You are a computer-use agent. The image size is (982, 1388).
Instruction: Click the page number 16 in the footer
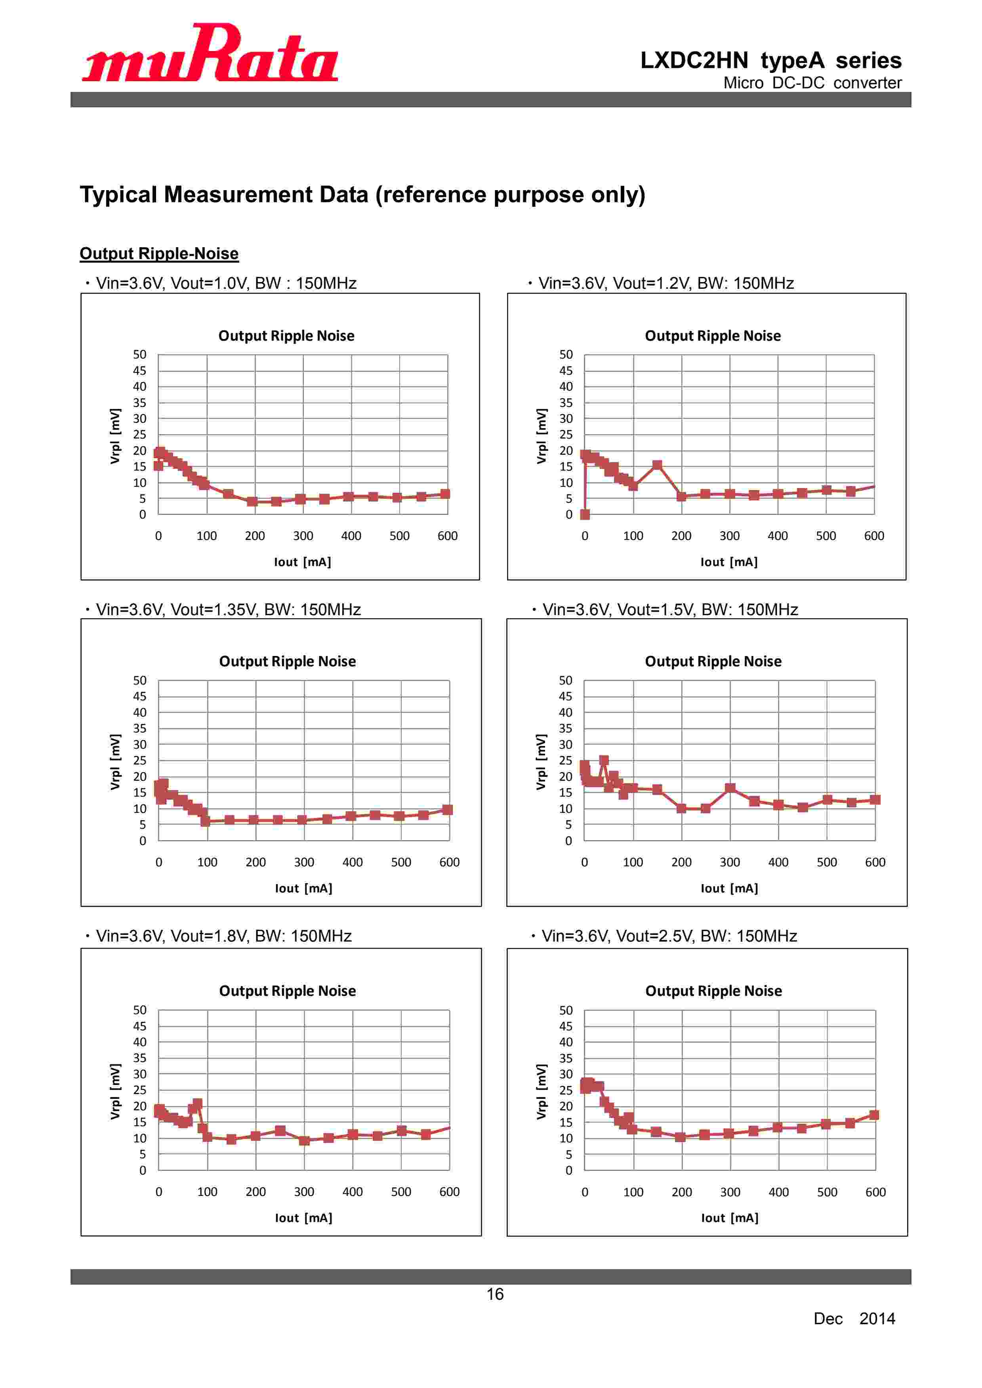(x=495, y=1294)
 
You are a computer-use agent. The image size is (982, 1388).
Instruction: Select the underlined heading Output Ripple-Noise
(x=159, y=253)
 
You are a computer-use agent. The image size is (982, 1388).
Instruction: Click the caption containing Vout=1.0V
(x=226, y=283)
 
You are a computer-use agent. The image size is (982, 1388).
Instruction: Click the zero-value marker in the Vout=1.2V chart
(x=585, y=515)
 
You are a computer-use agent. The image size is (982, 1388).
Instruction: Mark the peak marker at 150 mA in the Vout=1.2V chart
(x=657, y=465)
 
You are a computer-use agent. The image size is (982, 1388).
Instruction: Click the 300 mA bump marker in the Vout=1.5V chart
(x=730, y=788)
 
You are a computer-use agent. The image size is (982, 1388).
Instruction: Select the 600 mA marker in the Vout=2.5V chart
(x=874, y=1115)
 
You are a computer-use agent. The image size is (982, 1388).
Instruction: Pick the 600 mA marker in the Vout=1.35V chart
(x=448, y=809)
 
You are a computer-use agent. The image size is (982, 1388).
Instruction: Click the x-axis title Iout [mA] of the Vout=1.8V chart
(x=303, y=1218)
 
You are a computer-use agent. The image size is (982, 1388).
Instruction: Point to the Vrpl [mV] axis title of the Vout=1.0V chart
(x=115, y=436)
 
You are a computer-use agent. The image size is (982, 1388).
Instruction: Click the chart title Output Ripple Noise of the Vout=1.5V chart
(x=713, y=662)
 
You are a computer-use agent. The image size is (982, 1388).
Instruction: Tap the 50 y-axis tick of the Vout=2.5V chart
(x=565, y=1010)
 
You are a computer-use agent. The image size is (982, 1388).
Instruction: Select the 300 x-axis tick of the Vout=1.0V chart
(x=303, y=536)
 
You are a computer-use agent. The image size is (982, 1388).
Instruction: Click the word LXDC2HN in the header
(x=694, y=61)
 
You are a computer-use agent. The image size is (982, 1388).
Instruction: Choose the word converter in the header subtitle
(x=867, y=83)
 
